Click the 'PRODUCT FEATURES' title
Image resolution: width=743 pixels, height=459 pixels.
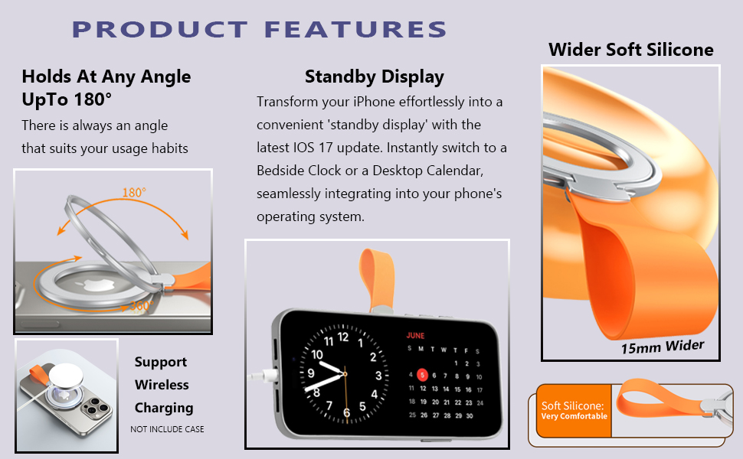tap(259, 29)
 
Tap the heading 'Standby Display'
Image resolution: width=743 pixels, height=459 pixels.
tap(375, 77)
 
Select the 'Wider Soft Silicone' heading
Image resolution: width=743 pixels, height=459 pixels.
tap(630, 50)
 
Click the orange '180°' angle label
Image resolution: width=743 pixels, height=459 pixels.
tap(134, 193)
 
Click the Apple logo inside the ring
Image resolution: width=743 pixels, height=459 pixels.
tap(97, 285)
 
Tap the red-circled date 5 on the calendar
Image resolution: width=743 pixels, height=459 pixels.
tap(422, 376)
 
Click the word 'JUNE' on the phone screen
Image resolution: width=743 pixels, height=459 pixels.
tap(415, 336)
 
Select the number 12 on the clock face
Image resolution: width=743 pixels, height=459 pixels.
tap(343, 337)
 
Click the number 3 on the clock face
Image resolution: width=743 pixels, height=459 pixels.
tap(378, 376)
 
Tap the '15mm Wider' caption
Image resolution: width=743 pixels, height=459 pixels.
tap(663, 347)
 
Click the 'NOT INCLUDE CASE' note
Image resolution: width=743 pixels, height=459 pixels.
tap(167, 429)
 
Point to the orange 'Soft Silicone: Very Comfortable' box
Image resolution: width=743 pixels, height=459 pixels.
tap(574, 410)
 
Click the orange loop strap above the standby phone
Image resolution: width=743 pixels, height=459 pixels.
tap(377, 279)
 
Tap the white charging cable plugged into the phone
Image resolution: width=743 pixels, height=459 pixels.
tap(263, 376)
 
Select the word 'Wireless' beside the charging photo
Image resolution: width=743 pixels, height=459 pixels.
tap(162, 385)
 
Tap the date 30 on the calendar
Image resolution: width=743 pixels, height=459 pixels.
tap(469, 416)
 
